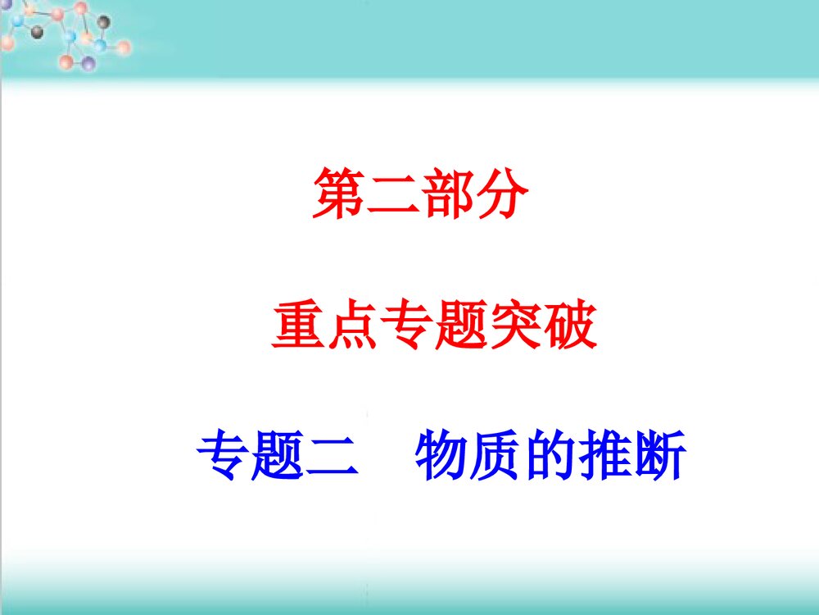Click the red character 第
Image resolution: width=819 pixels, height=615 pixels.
click(x=339, y=194)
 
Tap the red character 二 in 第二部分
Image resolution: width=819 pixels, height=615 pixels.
click(x=393, y=194)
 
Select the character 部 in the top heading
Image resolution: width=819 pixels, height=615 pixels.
click(x=447, y=194)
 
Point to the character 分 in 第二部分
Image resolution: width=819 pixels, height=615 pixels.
click(x=501, y=194)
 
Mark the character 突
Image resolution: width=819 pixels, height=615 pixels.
click(x=516, y=326)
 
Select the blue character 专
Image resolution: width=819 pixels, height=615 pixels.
click(x=224, y=457)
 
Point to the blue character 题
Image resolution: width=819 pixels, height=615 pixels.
click(x=278, y=457)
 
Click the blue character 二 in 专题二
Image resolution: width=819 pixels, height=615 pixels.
click(x=332, y=457)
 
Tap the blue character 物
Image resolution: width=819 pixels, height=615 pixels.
click(x=442, y=457)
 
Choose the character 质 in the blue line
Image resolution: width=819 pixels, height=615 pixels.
click(x=496, y=457)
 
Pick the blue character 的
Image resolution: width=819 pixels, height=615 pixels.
click(x=550, y=457)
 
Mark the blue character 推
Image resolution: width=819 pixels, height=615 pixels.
click(x=604, y=457)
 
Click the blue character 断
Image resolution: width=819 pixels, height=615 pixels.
click(x=658, y=457)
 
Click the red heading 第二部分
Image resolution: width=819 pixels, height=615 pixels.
click(x=420, y=194)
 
